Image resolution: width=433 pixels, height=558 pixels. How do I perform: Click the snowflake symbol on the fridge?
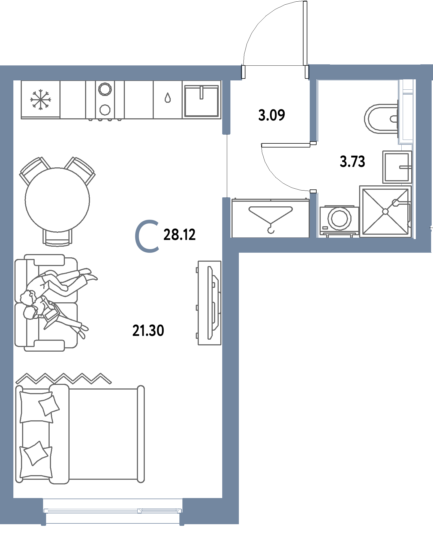(41, 99)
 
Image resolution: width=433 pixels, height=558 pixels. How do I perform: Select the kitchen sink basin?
(202, 101)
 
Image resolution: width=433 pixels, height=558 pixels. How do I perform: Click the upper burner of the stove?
(105, 89)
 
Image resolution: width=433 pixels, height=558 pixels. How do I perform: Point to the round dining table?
(57, 200)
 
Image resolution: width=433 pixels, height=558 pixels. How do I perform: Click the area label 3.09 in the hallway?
(272, 115)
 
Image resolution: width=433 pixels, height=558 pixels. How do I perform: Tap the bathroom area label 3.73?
(352, 161)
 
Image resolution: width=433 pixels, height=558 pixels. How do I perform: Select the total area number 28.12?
(179, 235)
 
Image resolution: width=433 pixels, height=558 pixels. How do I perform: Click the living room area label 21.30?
(148, 331)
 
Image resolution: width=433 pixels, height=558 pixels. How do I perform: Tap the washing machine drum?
(339, 218)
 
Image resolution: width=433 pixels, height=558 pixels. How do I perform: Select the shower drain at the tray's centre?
(385, 212)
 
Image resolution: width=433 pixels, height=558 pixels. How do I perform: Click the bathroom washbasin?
(397, 167)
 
